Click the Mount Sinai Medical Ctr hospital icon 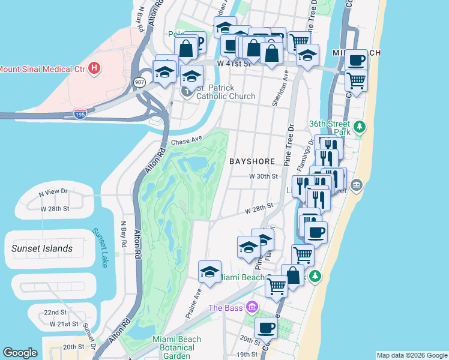(x=94, y=68)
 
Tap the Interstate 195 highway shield (x=79, y=112)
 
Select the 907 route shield (x=139, y=82)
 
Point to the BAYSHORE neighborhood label (x=252, y=161)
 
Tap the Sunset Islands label (x=42, y=248)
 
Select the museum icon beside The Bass (x=253, y=308)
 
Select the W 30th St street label (x=264, y=176)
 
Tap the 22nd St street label (x=55, y=313)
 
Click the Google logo (x=20, y=353)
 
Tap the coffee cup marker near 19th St (x=266, y=328)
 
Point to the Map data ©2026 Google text (x=412, y=355)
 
